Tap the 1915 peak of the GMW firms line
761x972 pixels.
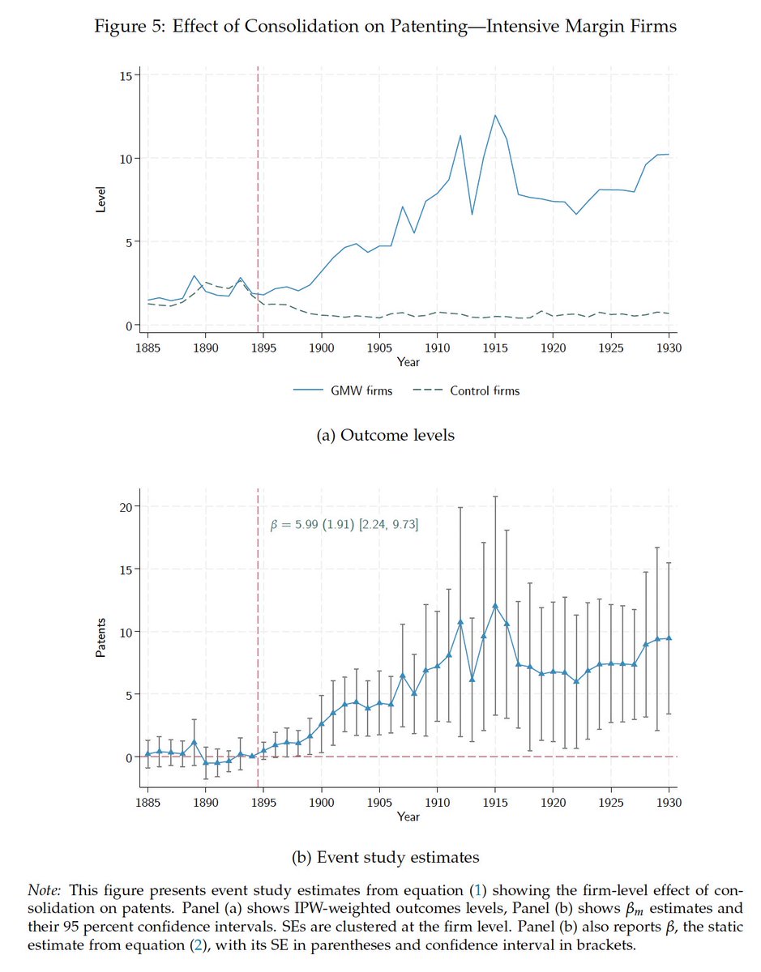[x=495, y=115]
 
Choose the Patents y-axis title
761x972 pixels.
[x=101, y=638]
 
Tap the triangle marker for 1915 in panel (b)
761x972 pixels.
[x=495, y=606]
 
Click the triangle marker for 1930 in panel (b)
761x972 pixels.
[x=669, y=638]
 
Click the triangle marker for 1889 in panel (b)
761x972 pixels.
[x=195, y=742]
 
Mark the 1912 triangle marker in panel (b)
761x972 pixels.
[x=460, y=622]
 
